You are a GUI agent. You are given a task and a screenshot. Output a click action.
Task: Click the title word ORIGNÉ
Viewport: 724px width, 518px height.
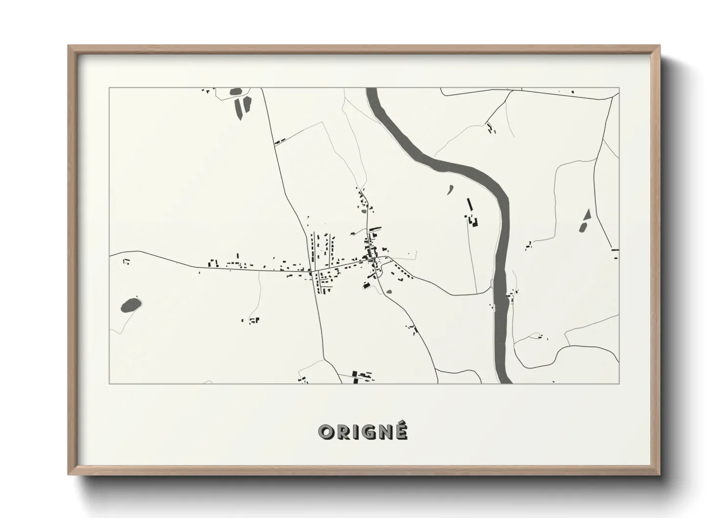tap(362, 432)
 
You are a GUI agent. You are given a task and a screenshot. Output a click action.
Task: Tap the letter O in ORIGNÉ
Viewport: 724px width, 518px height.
tap(325, 432)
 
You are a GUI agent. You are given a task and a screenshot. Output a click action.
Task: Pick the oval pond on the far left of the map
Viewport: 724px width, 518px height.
tap(131, 306)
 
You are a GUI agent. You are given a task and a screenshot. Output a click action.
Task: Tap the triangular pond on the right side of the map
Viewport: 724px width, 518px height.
tap(586, 221)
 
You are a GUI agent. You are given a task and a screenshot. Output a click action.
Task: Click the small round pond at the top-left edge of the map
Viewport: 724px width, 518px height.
tap(236, 92)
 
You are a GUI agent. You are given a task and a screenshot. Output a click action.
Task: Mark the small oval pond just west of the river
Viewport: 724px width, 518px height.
tap(450, 189)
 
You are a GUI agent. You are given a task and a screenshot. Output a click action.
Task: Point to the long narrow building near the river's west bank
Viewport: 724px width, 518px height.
tap(470, 206)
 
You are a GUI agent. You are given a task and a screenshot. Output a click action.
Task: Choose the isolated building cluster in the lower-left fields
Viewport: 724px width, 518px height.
tap(252, 321)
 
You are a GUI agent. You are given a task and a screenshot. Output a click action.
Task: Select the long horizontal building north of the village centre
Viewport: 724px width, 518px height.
tap(375, 228)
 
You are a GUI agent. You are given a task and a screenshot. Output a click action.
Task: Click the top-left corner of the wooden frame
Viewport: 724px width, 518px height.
tap(69, 47)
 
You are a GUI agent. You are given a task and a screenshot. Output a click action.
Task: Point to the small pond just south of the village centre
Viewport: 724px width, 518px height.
tap(389, 292)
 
